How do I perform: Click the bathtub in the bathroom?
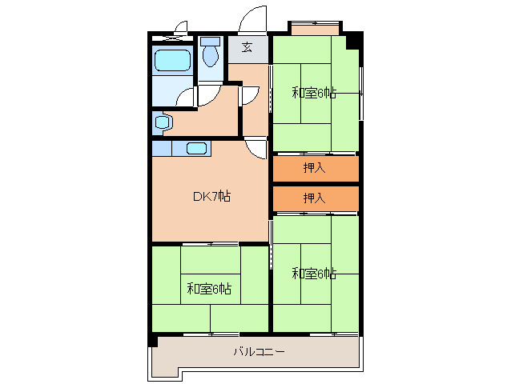[x=172, y=60]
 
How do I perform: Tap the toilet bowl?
[x=211, y=56]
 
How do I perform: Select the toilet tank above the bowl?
[x=210, y=42]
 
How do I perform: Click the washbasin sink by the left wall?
[x=163, y=122]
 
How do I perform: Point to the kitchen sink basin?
[x=196, y=148]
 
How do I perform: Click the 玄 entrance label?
[x=247, y=47]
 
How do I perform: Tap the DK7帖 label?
[x=211, y=196]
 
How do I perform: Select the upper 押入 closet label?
[x=315, y=167]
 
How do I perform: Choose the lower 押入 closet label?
[x=315, y=198]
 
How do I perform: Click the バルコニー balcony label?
[x=259, y=351]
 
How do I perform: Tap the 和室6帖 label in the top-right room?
[x=314, y=93]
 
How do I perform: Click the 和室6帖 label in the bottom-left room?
[x=209, y=289]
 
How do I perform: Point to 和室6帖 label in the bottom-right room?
[x=314, y=274]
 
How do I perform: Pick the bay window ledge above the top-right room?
[x=315, y=30]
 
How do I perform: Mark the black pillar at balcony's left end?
[x=153, y=342]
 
